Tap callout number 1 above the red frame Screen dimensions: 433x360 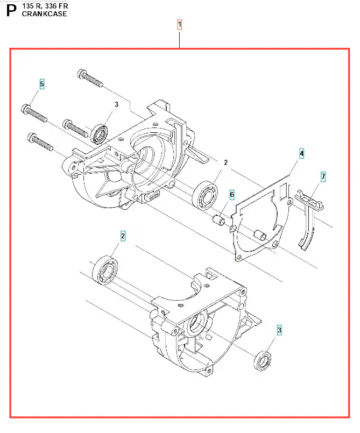(179, 24)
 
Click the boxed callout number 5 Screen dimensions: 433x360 (41, 84)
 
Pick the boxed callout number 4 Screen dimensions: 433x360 (302, 154)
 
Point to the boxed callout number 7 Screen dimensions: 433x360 (323, 176)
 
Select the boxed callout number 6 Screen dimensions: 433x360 (232, 195)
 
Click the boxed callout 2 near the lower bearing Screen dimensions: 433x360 (123, 235)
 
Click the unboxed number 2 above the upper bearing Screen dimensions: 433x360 (225, 162)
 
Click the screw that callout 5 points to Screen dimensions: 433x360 (35, 111)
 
